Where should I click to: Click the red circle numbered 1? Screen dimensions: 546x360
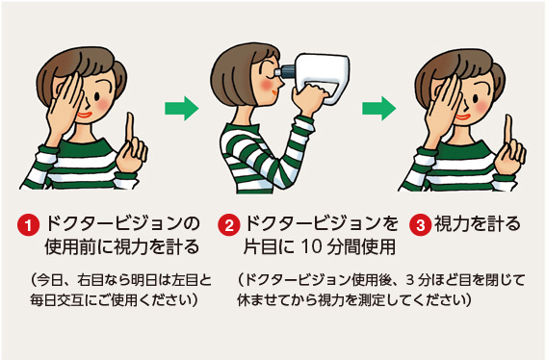28,225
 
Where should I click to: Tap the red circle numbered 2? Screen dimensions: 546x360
229,225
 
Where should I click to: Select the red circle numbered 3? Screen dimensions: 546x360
420,225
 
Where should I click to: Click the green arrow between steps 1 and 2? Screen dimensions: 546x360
181,109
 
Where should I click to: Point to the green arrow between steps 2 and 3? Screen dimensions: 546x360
378,109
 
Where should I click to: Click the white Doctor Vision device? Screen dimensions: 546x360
322,77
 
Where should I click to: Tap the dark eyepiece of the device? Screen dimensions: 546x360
286,71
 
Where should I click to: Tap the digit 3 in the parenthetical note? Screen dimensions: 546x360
410,280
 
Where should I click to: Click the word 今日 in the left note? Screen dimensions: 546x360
47,280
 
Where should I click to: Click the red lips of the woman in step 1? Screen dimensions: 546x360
85,115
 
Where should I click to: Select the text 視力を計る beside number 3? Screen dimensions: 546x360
478,224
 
